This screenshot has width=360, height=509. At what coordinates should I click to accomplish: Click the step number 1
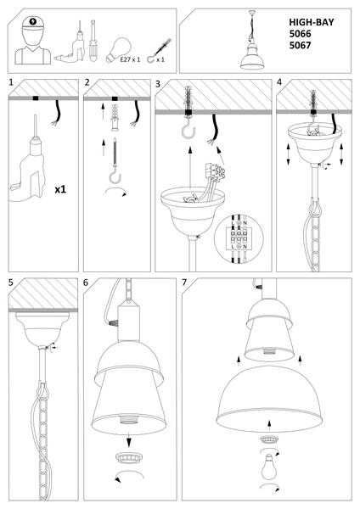tap(10, 83)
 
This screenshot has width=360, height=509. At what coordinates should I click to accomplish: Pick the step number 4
tap(280, 83)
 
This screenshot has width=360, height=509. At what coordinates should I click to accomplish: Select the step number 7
tap(186, 281)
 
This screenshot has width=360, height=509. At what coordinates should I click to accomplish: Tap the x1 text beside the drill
tap(60, 190)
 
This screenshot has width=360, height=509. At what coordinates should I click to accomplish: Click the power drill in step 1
tap(30, 166)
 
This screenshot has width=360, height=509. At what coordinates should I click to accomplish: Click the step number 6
tap(86, 281)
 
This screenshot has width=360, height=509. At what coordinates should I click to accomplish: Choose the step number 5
tap(10, 281)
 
